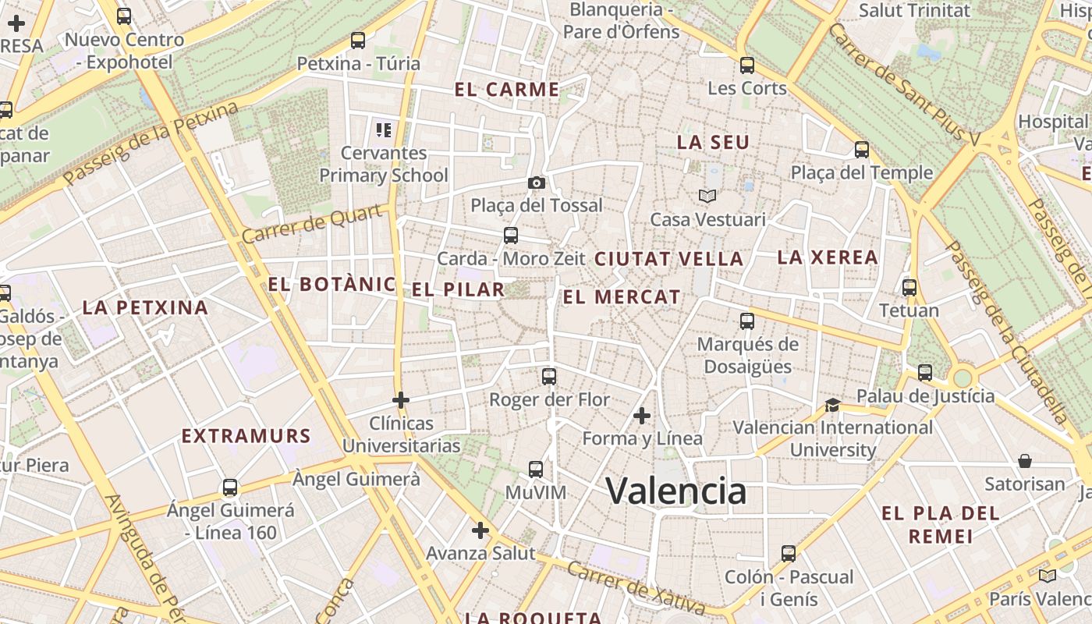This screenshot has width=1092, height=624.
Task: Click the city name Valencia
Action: point(676,491)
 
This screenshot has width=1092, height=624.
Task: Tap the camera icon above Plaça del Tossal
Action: point(537,183)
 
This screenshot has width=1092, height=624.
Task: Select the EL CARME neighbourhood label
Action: point(507,90)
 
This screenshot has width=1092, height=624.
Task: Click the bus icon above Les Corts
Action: point(747,65)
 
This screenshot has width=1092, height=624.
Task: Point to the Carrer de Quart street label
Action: point(312,223)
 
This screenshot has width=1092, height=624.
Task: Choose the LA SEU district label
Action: point(713,143)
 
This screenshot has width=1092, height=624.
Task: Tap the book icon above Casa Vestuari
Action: point(707,196)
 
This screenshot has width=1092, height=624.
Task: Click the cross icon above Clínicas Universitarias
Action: point(401,400)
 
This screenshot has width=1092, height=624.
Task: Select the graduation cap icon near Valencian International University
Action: point(833,405)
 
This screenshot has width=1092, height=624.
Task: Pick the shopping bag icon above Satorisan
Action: point(1025,461)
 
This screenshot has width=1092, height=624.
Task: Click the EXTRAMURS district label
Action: point(246,436)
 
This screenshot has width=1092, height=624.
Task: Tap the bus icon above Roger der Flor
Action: point(549,376)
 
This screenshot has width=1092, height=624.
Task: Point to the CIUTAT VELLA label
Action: point(669,259)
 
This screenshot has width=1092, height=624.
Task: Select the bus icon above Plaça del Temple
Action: point(862,149)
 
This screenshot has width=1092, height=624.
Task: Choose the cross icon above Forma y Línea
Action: point(642,416)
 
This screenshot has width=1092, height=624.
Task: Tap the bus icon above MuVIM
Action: point(536,469)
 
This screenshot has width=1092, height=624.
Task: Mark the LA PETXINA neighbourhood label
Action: point(145,307)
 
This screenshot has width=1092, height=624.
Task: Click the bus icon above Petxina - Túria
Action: point(358,40)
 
